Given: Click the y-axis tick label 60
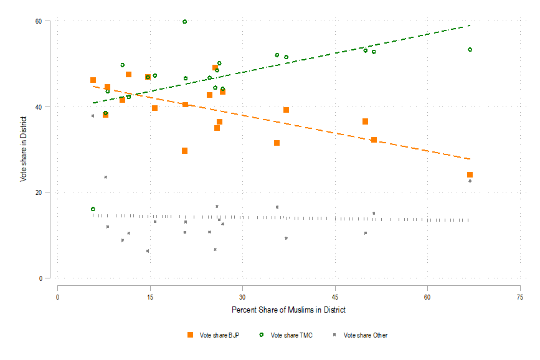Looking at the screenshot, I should pos(47,21).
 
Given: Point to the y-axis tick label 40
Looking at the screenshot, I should pos(47,107).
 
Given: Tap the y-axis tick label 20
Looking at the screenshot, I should pos(47,192).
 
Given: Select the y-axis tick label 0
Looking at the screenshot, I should pos(49,278).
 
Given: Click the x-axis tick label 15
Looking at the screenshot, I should pos(150,296).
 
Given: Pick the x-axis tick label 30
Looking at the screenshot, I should pos(243,296).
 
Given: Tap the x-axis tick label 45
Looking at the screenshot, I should pos(335,296).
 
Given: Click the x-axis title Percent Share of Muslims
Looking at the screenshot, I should pos(288,310).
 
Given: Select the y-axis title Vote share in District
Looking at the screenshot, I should pos(24,149).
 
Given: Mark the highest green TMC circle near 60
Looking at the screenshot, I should pos(185,22).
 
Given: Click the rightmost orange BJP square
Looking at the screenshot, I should pos(470,175).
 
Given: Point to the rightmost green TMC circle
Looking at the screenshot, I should pos(470,49).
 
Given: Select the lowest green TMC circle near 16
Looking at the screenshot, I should pos(93,209).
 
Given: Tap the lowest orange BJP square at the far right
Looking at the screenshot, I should pos(470,175).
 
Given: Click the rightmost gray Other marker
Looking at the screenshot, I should pos(470,181).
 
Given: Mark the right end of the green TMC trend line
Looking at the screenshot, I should pos(470,26).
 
